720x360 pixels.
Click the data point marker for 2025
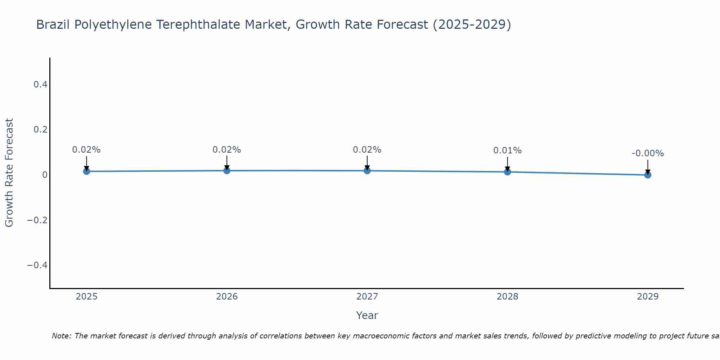[x=86, y=171]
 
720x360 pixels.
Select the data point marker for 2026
[x=227, y=170]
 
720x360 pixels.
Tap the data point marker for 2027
[x=367, y=171]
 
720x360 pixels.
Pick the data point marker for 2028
[x=507, y=172]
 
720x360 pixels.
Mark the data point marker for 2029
[x=648, y=175]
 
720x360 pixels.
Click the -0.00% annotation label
[x=648, y=153]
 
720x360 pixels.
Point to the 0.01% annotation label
[x=507, y=150]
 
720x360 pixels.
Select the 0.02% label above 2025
[x=86, y=150]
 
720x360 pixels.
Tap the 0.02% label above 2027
[x=367, y=150]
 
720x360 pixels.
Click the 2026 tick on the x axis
[x=227, y=297]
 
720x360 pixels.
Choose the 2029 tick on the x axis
[x=648, y=297]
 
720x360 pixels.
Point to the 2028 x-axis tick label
[x=507, y=297]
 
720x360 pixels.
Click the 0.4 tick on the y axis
[x=40, y=85]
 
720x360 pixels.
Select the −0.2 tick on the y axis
[x=37, y=220]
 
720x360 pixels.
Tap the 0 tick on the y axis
[x=45, y=175]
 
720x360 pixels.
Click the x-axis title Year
[x=367, y=315]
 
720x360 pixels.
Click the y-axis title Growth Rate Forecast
[x=9, y=173]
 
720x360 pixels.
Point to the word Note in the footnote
[x=62, y=336]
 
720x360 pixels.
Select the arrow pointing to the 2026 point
[x=227, y=163]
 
